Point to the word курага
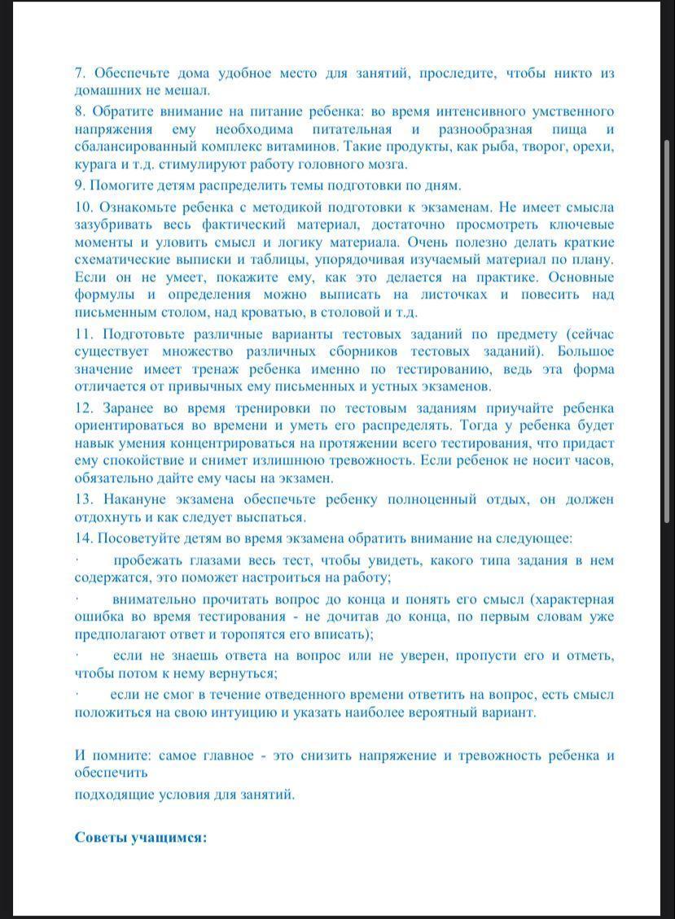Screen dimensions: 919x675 click(x=94, y=164)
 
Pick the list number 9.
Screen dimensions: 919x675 click(x=80, y=185)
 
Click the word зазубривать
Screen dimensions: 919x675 click(x=112, y=224)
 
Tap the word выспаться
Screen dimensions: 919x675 click(x=270, y=517)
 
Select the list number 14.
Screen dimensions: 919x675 click(x=85, y=538)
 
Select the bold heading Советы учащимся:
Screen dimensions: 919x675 click(x=140, y=837)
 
